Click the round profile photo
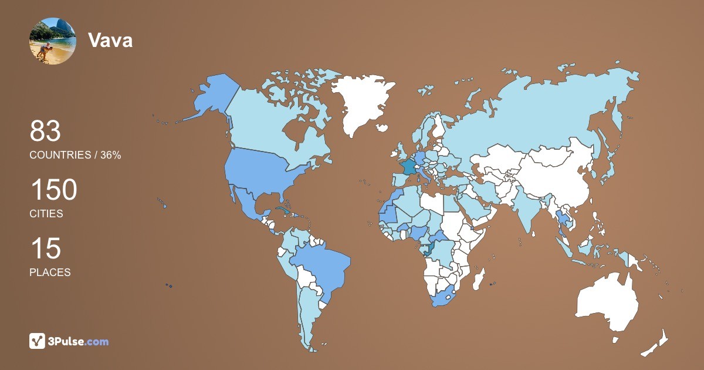(x=52, y=41)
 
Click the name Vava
(x=110, y=41)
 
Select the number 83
(x=45, y=131)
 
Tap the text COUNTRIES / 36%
(x=75, y=155)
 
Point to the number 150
(x=53, y=190)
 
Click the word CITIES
(x=46, y=214)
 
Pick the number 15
(x=45, y=248)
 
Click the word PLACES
(x=50, y=273)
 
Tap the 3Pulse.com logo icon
(x=38, y=341)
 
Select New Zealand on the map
(x=657, y=344)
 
